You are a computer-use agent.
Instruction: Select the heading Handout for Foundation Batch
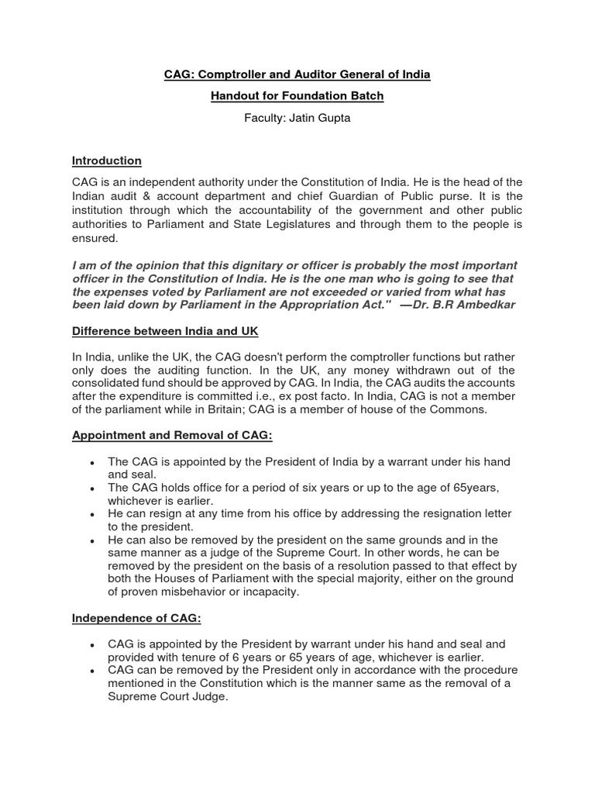point(297,96)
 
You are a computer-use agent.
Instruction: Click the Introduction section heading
point(107,161)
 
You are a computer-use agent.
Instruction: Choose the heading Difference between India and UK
point(165,331)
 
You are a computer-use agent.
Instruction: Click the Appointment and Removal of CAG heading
point(172,436)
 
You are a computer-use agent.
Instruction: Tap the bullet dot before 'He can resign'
point(92,515)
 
